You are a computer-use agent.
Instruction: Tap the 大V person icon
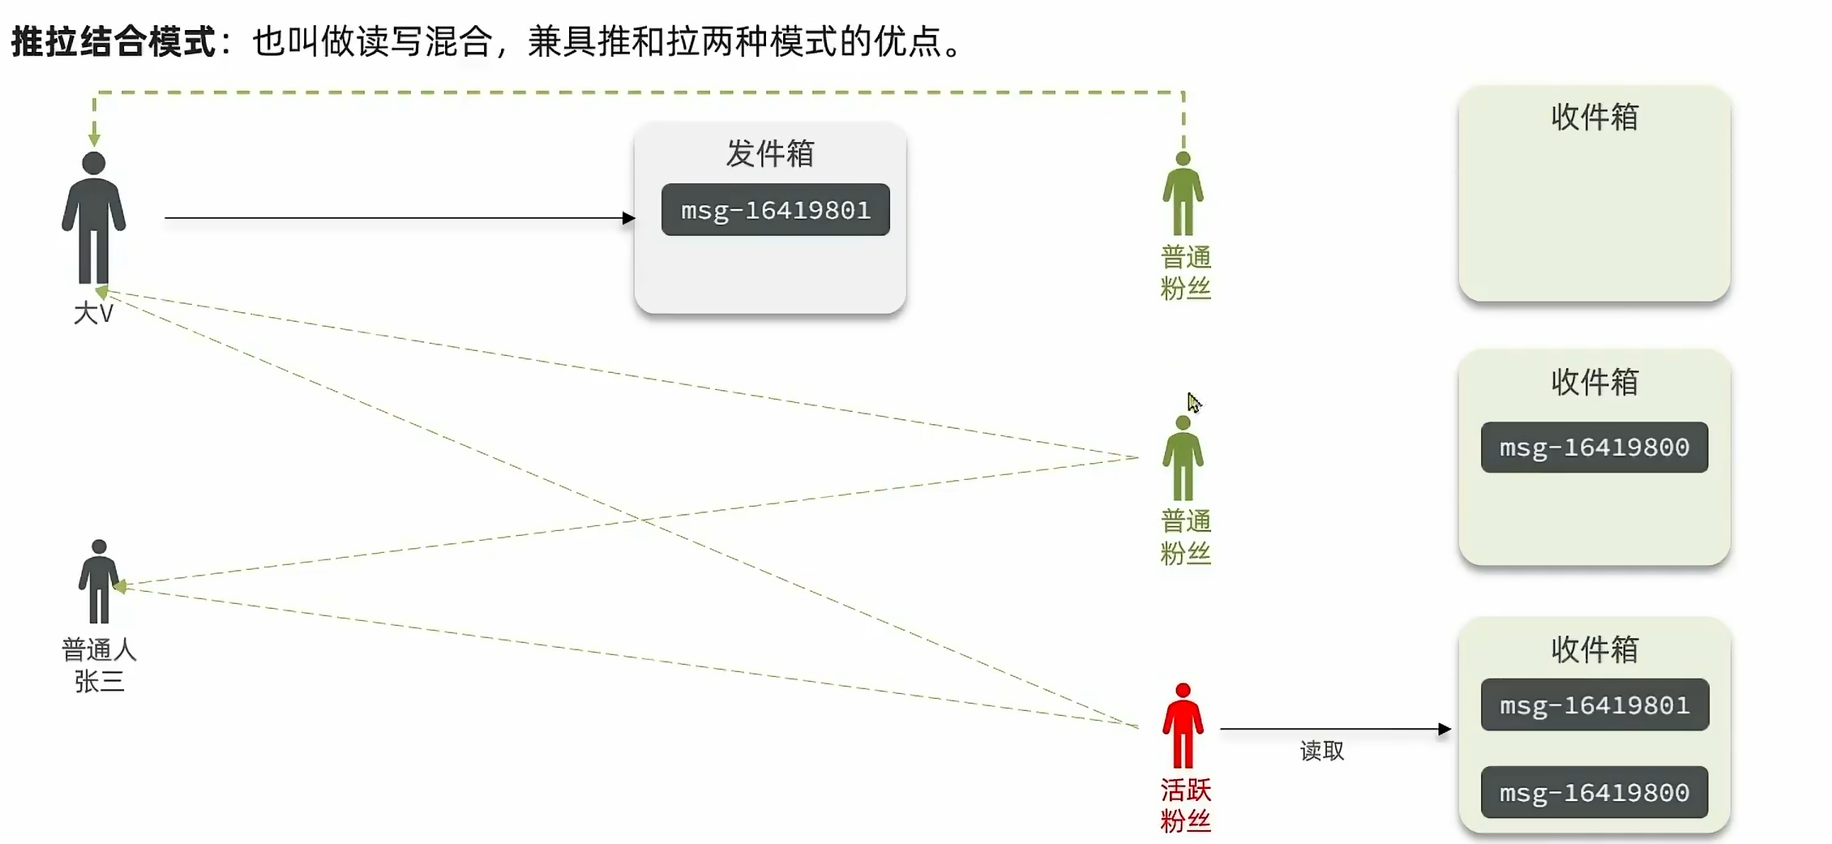tap(94, 217)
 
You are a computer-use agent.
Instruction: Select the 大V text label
tap(94, 314)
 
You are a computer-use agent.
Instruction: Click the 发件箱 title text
tap(769, 153)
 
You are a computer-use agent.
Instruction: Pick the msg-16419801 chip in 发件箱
tap(775, 210)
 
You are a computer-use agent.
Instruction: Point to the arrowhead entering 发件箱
tap(628, 218)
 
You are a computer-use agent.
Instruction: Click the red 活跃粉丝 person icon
tap(1183, 726)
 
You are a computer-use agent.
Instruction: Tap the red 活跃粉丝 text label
tap(1185, 805)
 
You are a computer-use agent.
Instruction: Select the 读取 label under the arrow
tap(1321, 751)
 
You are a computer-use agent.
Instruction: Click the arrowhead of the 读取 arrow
tap(1445, 729)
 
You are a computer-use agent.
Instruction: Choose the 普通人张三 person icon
tap(99, 581)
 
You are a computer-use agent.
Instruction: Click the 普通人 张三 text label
tap(99, 665)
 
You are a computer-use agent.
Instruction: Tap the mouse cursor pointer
tap(1193, 402)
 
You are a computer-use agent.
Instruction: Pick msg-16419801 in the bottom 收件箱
tap(1594, 705)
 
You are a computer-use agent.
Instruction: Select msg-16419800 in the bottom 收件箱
tap(1594, 792)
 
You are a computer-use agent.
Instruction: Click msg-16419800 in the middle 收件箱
tap(1594, 448)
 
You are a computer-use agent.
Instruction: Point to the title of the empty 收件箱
tap(1594, 118)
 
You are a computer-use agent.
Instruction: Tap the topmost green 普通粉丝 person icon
tap(1183, 195)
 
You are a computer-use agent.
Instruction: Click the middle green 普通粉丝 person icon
tap(1183, 459)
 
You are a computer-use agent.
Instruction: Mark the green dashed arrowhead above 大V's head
tap(94, 139)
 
